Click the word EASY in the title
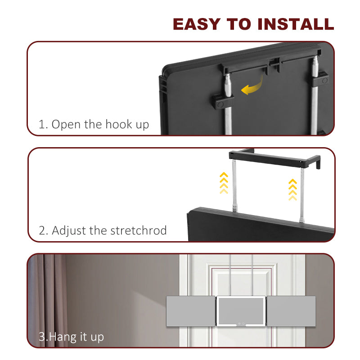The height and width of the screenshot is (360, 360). click(197, 24)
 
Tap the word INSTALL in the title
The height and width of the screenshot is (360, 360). click(296, 24)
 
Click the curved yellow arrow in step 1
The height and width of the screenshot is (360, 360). click(252, 86)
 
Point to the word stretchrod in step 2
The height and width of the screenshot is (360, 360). click(139, 230)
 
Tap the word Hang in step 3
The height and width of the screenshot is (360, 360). click(63, 337)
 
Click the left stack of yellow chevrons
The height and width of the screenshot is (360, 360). click(224, 183)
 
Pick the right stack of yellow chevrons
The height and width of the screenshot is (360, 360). click(292, 189)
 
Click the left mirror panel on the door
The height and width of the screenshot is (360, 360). click(191, 311)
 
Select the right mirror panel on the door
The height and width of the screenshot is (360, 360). click(291, 311)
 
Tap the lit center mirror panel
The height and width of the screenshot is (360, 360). click(241, 311)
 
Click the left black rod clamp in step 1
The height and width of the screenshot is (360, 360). click(222, 102)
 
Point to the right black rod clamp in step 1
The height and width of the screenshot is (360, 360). click(319, 79)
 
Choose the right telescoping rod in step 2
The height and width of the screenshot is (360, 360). click(302, 195)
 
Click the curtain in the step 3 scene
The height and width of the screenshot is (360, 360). click(48, 298)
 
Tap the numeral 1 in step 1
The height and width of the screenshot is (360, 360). click(41, 125)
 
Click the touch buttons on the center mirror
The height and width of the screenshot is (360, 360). click(241, 324)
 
